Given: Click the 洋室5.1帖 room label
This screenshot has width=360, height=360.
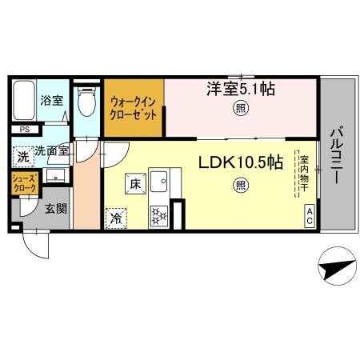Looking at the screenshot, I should tap(242, 90).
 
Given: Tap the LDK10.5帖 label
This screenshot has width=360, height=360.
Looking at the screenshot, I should tap(240, 162).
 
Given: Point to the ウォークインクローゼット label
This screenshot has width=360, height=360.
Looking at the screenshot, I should tap(135, 106).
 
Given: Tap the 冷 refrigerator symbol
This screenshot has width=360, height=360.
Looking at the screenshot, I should tap(116, 216).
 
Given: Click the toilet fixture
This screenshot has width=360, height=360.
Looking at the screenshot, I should tap(86, 102).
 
